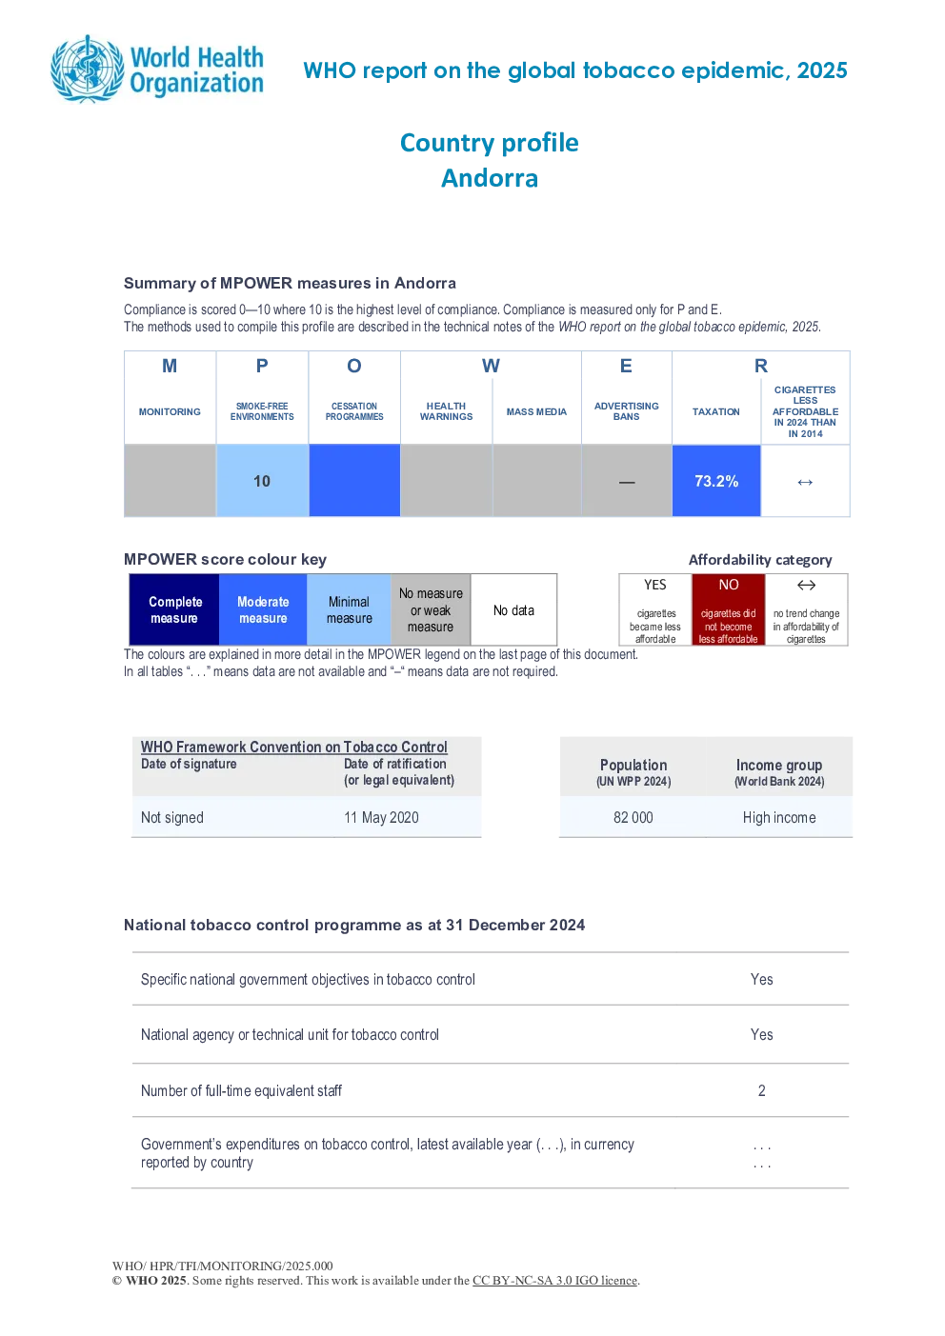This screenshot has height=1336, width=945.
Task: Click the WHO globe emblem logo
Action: tap(89, 70)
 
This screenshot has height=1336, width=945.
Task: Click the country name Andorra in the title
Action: tap(490, 178)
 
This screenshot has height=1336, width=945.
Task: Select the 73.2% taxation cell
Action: tap(716, 481)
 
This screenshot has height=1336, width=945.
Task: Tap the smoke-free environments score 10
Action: tap(262, 481)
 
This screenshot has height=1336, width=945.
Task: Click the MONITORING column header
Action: tap(170, 411)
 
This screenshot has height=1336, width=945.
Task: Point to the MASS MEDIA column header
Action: tap(536, 411)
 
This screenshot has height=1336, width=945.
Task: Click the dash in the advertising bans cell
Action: tap(627, 482)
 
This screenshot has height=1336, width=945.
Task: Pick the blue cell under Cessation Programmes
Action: tap(354, 480)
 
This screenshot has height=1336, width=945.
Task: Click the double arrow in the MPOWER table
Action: tap(805, 482)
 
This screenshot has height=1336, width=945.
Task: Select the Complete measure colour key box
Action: tap(174, 609)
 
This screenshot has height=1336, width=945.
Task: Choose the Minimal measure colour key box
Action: tap(349, 609)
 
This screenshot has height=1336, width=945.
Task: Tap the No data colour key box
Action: tap(513, 609)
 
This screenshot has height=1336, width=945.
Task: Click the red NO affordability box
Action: tap(729, 609)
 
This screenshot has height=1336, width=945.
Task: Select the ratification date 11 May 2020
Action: tap(381, 817)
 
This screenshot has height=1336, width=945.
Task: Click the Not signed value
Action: tap(171, 817)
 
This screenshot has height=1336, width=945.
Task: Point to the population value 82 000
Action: tap(633, 817)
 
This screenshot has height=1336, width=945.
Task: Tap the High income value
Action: tap(779, 817)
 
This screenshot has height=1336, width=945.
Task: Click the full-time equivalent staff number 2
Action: tap(762, 1090)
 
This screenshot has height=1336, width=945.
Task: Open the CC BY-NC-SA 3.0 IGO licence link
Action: tap(554, 1280)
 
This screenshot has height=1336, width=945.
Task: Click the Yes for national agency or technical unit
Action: tap(762, 1034)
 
